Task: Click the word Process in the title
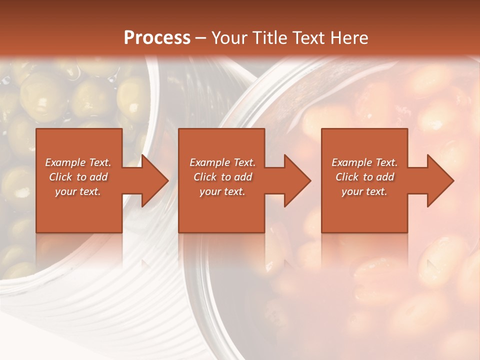(x=157, y=38)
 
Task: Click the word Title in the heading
(x=268, y=38)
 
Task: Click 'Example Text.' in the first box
(x=78, y=162)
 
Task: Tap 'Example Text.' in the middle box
(x=222, y=162)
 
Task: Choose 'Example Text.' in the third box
(x=364, y=162)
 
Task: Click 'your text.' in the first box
(x=78, y=191)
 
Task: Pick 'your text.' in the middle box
(x=222, y=191)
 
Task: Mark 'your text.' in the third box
(x=364, y=191)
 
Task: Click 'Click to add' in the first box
(x=78, y=177)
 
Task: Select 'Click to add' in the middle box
(x=222, y=177)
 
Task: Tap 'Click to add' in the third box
(x=364, y=177)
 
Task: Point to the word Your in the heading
(x=229, y=38)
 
